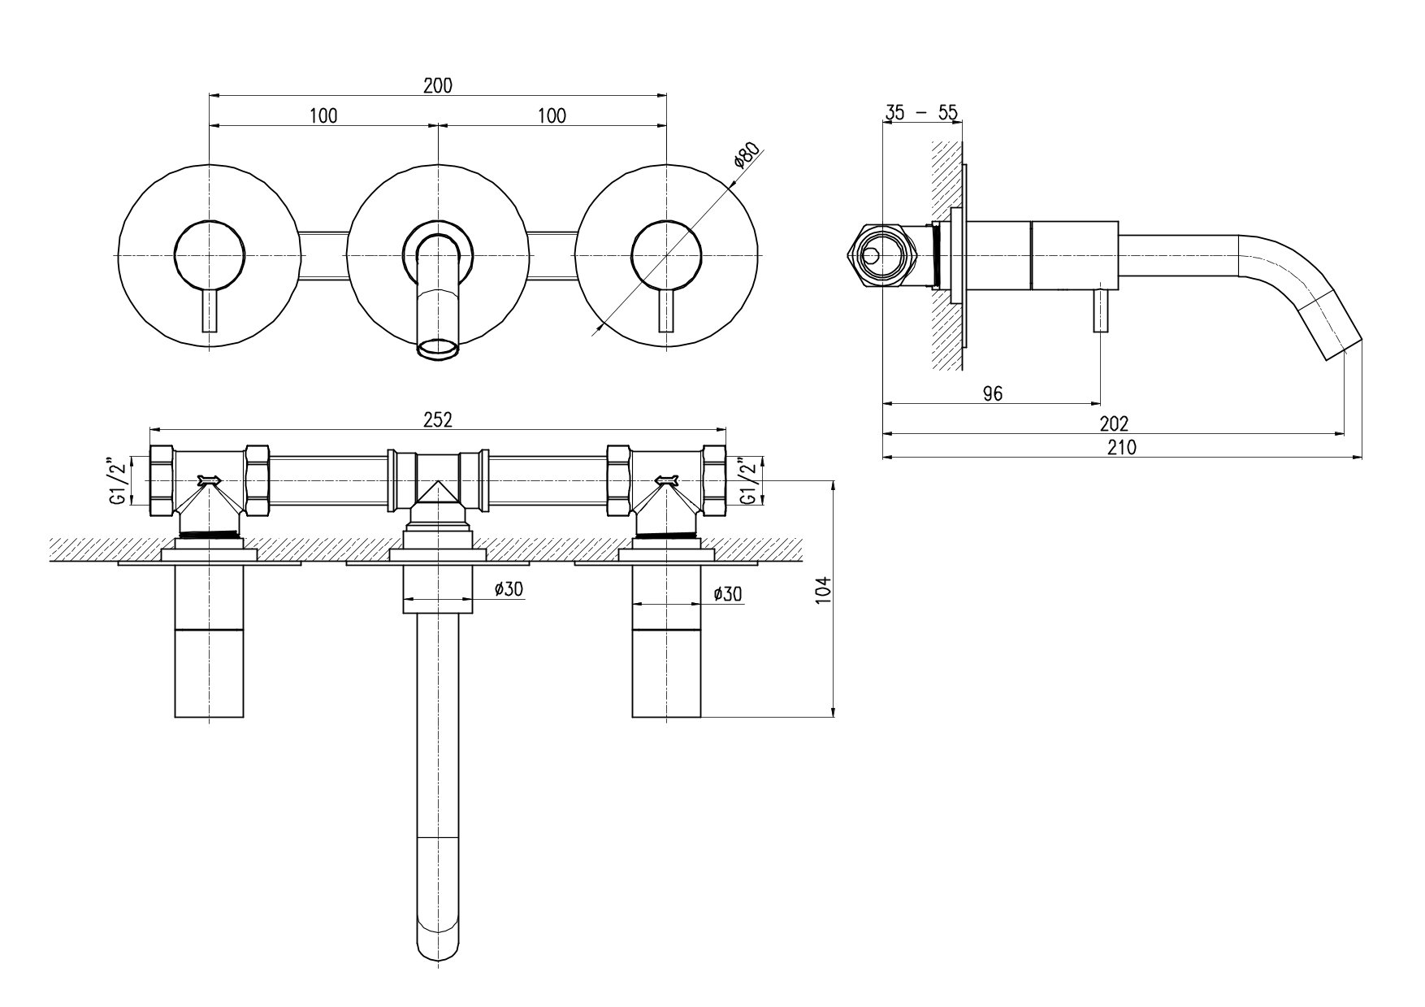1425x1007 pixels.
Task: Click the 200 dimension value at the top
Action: point(438,85)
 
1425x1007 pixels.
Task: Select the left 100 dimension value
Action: point(323,115)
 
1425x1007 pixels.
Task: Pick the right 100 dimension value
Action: point(552,115)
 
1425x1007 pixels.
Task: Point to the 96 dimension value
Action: point(993,394)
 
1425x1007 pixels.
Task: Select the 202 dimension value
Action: point(1114,423)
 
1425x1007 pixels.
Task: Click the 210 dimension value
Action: point(1122,446)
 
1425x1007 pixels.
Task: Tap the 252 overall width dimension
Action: point(438,419)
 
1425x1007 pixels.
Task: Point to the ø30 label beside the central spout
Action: point(509,590)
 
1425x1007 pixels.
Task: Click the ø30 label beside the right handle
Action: point(727,594)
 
